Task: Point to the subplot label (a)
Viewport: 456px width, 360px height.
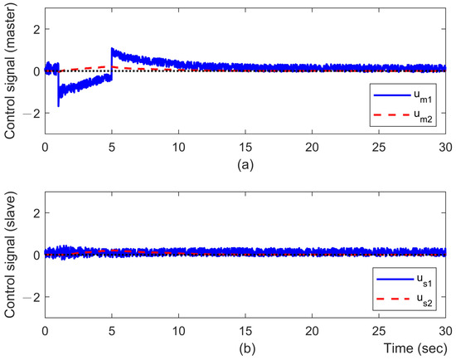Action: pos(245,166)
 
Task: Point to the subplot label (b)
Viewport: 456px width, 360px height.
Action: pos(245,350)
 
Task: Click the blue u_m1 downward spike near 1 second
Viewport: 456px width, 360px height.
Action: pos(58,103)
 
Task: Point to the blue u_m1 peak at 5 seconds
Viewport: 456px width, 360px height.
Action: pos(112,51)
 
